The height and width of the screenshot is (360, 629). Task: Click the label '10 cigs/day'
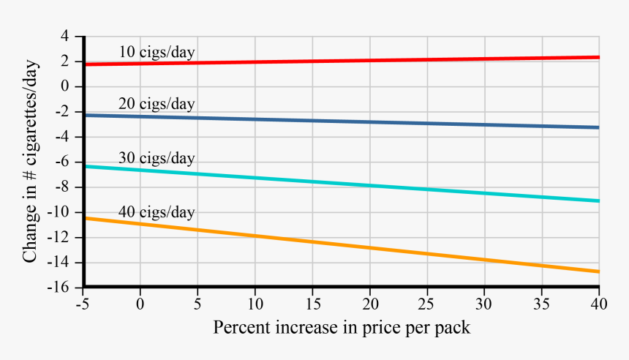click(x=157, y=52)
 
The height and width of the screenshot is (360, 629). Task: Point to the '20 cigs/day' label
click(x=157, y=104)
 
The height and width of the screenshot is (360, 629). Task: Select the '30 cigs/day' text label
click(x=157, y=158)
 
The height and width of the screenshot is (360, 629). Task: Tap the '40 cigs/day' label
click(x=157, y=212)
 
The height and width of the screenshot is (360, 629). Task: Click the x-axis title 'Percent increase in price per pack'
click(x=342, y=327)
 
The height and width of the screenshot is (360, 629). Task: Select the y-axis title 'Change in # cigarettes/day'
click(x=31, y=162)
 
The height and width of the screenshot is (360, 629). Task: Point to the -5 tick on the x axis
click(x=82, y=303)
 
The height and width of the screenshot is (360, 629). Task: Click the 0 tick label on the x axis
click(x=140, y=303)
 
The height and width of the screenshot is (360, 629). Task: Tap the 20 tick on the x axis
click(x=370, y=303)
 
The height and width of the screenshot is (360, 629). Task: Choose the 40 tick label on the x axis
click(x=599, y=303)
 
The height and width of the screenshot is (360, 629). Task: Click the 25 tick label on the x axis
click(x=427, y=303)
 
